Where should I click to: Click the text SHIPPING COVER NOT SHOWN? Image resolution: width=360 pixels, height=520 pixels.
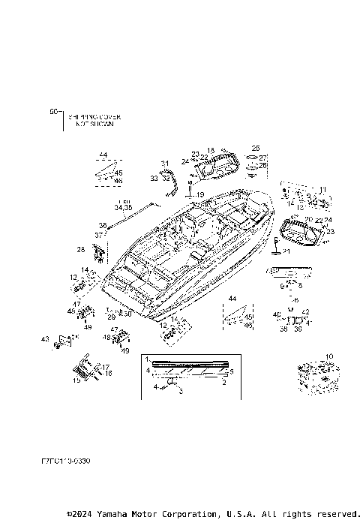94,120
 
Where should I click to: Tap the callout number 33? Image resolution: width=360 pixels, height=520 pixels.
153,179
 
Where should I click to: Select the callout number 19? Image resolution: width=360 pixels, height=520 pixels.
199,194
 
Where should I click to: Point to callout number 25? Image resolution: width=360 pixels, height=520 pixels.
255,148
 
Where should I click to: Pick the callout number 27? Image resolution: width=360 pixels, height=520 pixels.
262,157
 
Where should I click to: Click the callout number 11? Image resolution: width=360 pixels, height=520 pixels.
323,189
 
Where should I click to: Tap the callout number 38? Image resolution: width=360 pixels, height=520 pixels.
103,224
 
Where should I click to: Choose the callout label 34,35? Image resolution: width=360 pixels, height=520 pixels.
123,207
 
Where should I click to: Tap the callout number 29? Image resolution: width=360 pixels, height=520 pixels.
110,318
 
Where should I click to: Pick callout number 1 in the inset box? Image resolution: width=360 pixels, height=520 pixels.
148,359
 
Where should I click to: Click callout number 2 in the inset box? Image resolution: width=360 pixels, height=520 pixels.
224,382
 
